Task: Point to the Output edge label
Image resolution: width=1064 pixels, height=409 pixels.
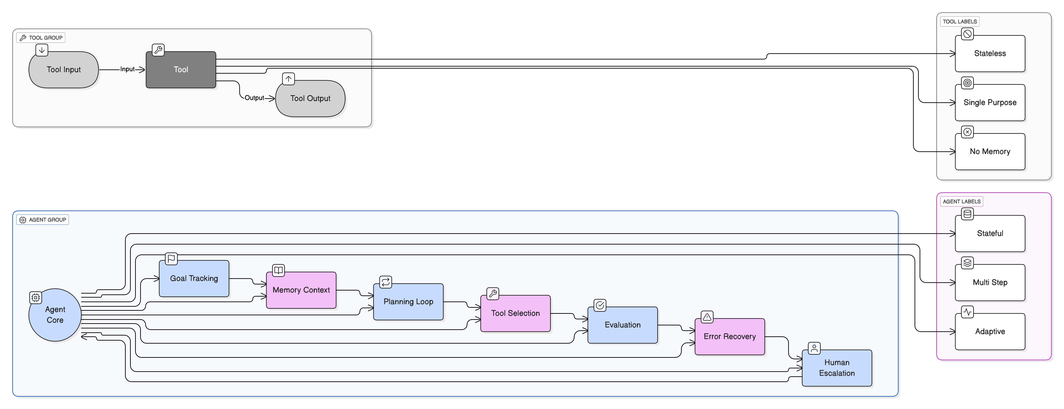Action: click(x=254, y=98)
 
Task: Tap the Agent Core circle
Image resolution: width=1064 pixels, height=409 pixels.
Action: click(x=55, y=315)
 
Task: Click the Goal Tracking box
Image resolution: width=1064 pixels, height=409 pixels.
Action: click(x=194, y=278)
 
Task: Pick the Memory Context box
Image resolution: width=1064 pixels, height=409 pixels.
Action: click(x=301, y=290)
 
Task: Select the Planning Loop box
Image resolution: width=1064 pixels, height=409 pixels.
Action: click(x=408, y=302)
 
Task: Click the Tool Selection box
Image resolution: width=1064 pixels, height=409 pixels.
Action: click(x=515, y=313)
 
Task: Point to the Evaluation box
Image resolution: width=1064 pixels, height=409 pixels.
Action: click(x=622, y=325)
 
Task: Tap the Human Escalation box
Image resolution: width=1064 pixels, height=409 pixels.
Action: click(x=837, y=368)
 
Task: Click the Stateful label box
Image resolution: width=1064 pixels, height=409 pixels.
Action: click(x=990, y=233)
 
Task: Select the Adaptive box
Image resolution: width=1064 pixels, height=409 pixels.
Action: click(x=990, y=331)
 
